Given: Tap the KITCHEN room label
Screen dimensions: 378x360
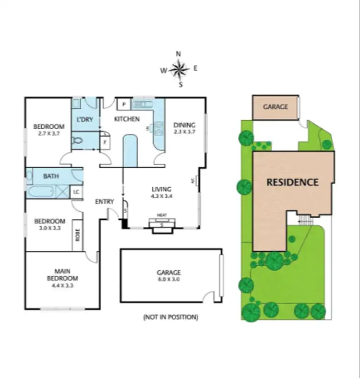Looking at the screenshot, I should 127,119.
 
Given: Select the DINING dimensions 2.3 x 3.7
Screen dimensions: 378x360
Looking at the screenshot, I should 184,132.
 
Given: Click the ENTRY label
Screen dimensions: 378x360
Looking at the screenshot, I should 105,201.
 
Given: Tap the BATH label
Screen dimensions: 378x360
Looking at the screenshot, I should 51,176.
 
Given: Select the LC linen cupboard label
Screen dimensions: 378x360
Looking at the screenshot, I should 76,192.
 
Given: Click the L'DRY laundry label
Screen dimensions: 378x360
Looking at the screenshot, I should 85,119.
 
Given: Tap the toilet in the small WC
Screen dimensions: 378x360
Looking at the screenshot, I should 78,140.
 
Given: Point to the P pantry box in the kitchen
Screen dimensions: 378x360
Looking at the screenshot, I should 123,104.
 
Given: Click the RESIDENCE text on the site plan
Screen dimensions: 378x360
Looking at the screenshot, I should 292,182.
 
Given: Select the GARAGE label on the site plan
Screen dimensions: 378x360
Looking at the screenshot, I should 276,106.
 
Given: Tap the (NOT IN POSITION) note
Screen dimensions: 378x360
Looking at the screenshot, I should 170,317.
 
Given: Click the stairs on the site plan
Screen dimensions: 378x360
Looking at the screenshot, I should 304,220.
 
